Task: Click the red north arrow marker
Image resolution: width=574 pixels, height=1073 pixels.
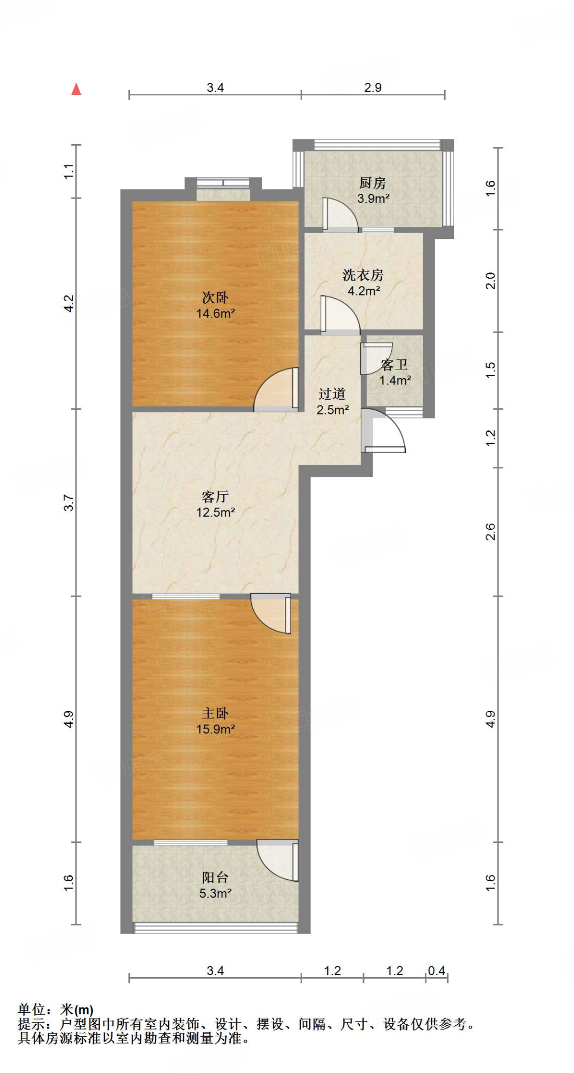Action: [x=76, y=89]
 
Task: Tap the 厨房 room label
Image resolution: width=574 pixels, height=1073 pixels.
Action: [x=372, y=183]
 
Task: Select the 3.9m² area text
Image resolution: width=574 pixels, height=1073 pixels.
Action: [x=373, y=199]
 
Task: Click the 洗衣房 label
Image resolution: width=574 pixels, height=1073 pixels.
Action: [x=363, y=275]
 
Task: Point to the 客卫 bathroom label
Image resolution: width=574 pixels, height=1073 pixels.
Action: [x=394, y=365]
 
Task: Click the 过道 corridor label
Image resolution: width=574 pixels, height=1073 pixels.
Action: [x=332, y=394]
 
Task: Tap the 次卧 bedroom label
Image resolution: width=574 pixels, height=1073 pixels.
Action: [x=215, y=298]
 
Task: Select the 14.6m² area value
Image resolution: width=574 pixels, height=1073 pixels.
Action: [x=215, y=314]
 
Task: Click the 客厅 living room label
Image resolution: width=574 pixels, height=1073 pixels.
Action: [x=215, y=496]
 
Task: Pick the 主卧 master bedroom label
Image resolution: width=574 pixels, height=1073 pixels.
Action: [x=215, y=713]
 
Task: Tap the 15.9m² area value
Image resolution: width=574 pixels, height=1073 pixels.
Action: [x=215, y=729]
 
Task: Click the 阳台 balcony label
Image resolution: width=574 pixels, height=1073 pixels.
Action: [x=215, y=877]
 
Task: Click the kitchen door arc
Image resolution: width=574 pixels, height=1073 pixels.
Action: [x=339, y=214]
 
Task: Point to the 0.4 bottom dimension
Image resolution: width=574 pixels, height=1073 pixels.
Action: [x=436, y=971]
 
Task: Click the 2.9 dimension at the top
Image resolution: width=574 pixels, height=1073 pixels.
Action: [x=373, y=87]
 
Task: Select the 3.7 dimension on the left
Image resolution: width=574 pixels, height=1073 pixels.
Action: [x=69, y=503]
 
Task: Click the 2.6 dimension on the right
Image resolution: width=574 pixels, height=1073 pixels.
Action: [x=490, y=531]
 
